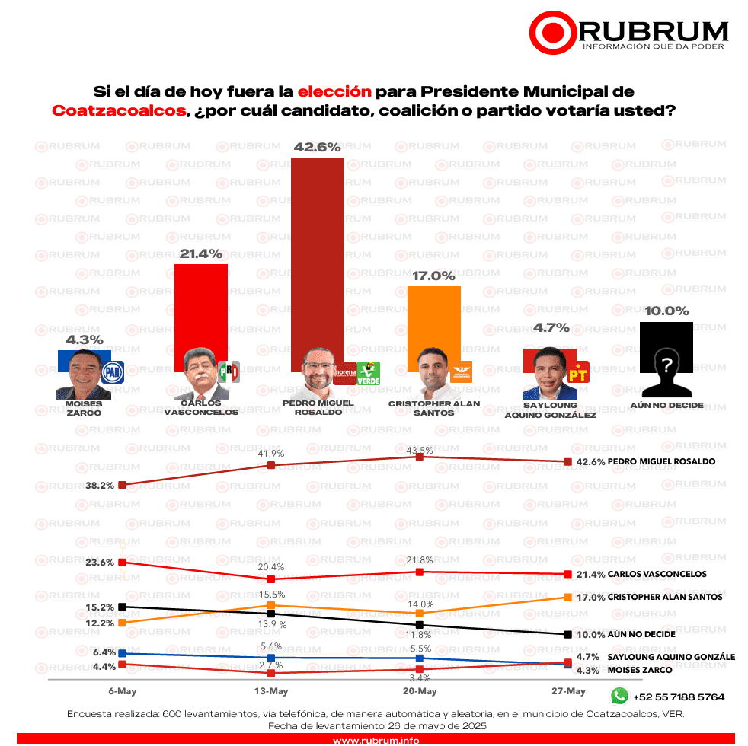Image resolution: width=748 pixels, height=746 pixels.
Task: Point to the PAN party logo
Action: pos(113,372)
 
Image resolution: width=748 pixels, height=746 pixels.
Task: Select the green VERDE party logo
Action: pos(369,373)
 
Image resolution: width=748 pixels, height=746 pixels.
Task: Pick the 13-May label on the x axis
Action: pos(271,691)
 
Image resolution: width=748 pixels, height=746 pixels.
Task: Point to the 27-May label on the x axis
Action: pos(567,691)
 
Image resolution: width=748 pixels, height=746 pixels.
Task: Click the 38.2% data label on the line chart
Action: pos(99,485)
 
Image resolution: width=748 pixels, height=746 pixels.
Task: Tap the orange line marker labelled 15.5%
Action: pos(271,605)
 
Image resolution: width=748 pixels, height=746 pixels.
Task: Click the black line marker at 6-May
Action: pos(122,607)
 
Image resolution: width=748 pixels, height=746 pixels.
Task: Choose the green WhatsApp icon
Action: pos(620,696)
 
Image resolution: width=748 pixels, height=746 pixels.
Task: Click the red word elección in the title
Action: pos(334,91)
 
